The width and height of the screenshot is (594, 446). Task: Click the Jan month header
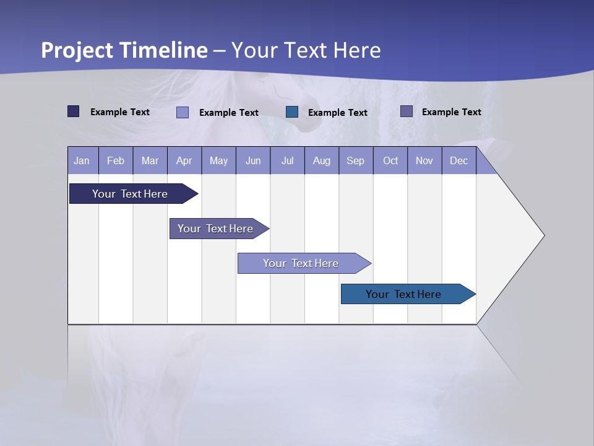(82, 161)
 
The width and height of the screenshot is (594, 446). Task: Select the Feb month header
(116, 161)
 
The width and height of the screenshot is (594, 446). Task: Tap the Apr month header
(184, 161)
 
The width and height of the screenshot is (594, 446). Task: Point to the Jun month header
(253, 161)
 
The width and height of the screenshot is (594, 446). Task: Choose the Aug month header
(322, 161)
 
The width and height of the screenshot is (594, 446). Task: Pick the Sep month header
(356, 161)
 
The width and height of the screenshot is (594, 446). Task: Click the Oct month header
(390, 161)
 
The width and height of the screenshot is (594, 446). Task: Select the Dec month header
(459, 161)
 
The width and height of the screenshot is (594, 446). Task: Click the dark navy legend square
(74, 111)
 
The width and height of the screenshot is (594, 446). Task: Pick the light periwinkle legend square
(183, 112)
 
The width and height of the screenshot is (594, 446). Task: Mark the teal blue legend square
(292, 112)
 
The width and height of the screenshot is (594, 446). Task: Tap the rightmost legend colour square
(407, 111)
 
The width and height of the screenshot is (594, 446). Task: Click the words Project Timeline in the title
(124, 50)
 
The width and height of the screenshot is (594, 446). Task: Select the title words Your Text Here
(306, 50)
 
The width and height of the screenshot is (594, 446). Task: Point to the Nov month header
(424, 161)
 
